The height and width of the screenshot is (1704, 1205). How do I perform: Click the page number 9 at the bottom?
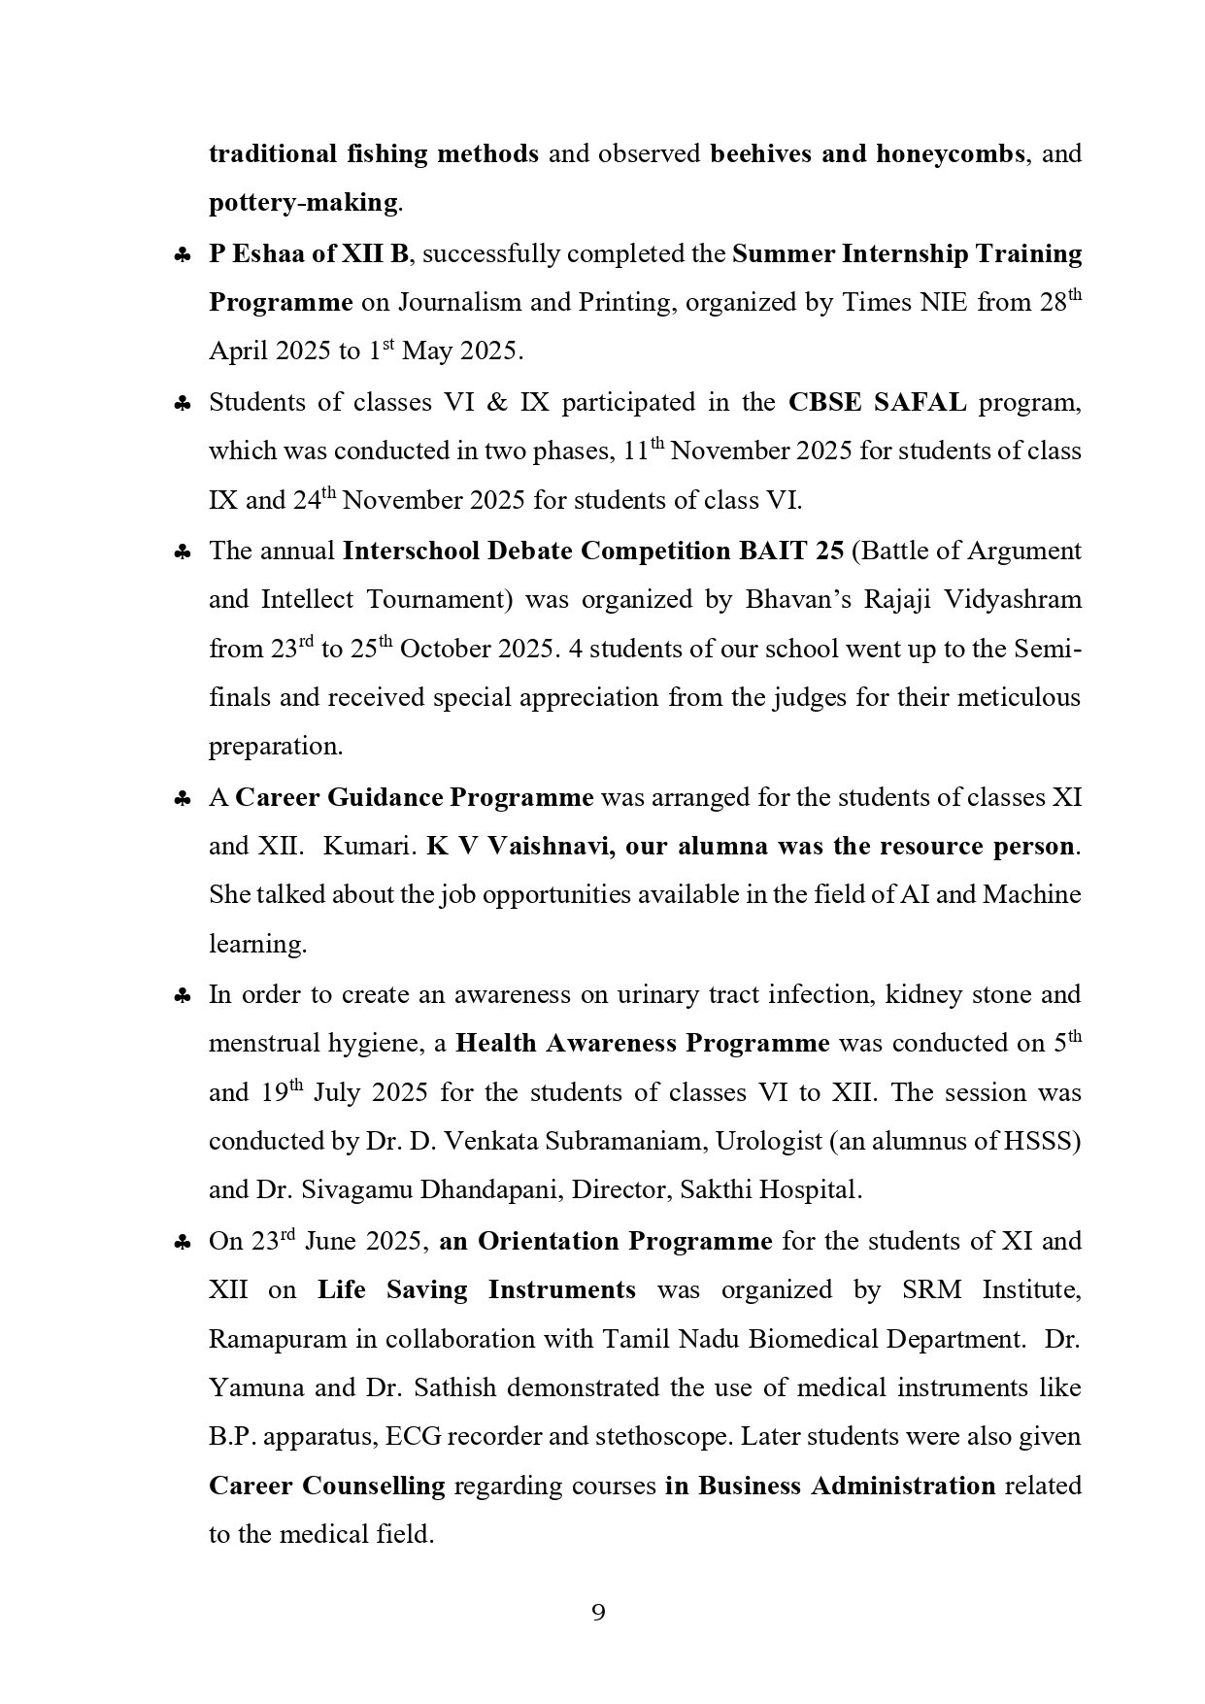pos(598,1613)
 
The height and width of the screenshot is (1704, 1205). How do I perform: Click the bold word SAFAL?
pos(920,402)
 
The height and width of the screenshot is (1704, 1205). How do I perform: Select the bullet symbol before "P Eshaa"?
pos(182,255)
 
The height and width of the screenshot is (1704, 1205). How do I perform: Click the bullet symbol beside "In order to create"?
pos(182,996)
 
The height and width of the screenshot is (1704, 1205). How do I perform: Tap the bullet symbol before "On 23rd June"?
pos(182,1243)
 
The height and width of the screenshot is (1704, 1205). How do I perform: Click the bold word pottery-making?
pos(303,204)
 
